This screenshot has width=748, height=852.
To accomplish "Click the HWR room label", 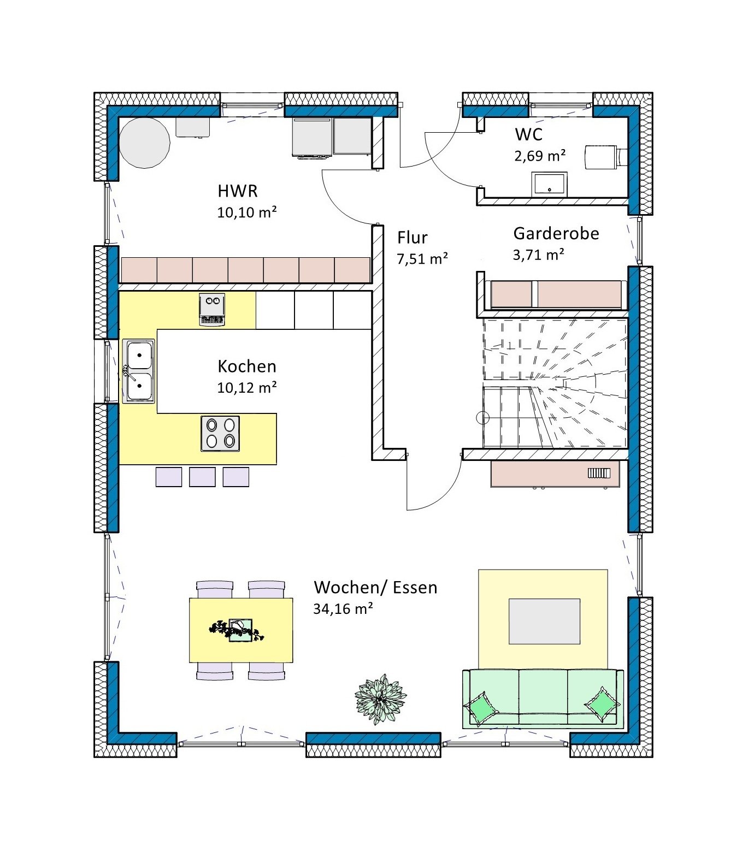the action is click(x=238, y=191).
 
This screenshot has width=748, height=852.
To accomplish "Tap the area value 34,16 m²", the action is click(x=343, y=608).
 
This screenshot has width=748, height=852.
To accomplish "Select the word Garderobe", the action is click(x=556, y=234).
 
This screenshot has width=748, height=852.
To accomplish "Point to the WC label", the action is click(x=528, y=134).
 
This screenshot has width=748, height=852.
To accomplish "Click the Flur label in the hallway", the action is click(x=413, y=238).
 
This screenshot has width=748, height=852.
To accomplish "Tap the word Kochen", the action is click(x=247, y=366).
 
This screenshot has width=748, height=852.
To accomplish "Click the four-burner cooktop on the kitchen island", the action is click(x=220, y=434).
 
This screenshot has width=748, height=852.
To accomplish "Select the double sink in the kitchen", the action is click(x=138, y=371).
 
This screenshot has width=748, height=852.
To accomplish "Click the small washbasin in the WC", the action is click(x=550, y=184).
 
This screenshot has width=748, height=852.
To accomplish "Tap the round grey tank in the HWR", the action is click(x=145, y=143).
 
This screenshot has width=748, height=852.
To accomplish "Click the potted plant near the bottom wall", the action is click(x=380, y=699).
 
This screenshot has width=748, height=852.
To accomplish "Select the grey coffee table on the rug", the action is click(x=545, y=622).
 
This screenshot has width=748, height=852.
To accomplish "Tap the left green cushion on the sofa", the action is click(x=481, y=708).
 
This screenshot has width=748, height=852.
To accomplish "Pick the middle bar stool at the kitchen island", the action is click(x=202, y=477).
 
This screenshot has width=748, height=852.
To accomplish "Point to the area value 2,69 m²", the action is click(x=540, y=156).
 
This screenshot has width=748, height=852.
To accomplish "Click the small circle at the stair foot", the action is click(x=483, y=419).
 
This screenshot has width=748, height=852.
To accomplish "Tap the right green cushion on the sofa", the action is click(x=603, y=705).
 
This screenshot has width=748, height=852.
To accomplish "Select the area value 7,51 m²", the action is click(x=422, y=258).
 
